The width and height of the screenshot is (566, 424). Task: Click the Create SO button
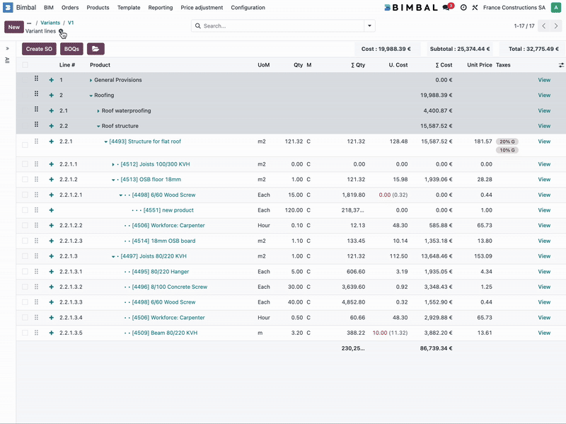point(39,49)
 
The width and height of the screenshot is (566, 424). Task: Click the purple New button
point(14,27)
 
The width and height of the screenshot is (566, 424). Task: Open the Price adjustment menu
point(202,8)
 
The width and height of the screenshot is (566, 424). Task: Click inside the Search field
point(279,26)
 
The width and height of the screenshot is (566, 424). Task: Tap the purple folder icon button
point(96,49)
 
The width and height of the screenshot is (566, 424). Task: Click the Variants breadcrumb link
point(50,23)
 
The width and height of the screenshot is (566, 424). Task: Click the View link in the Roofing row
point(543,95)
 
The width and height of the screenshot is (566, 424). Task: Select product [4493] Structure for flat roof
point(145,142)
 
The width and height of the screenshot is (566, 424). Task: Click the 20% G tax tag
point(507,142)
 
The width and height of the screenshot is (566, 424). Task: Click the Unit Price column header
point(479,65)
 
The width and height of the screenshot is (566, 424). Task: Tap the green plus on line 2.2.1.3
point(51,256)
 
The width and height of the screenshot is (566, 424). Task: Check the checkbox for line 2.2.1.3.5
point(25,333)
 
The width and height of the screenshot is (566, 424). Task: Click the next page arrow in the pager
point(556,26)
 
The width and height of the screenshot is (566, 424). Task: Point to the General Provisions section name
point(117,80)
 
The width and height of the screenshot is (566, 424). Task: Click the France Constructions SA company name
point(514,8)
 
